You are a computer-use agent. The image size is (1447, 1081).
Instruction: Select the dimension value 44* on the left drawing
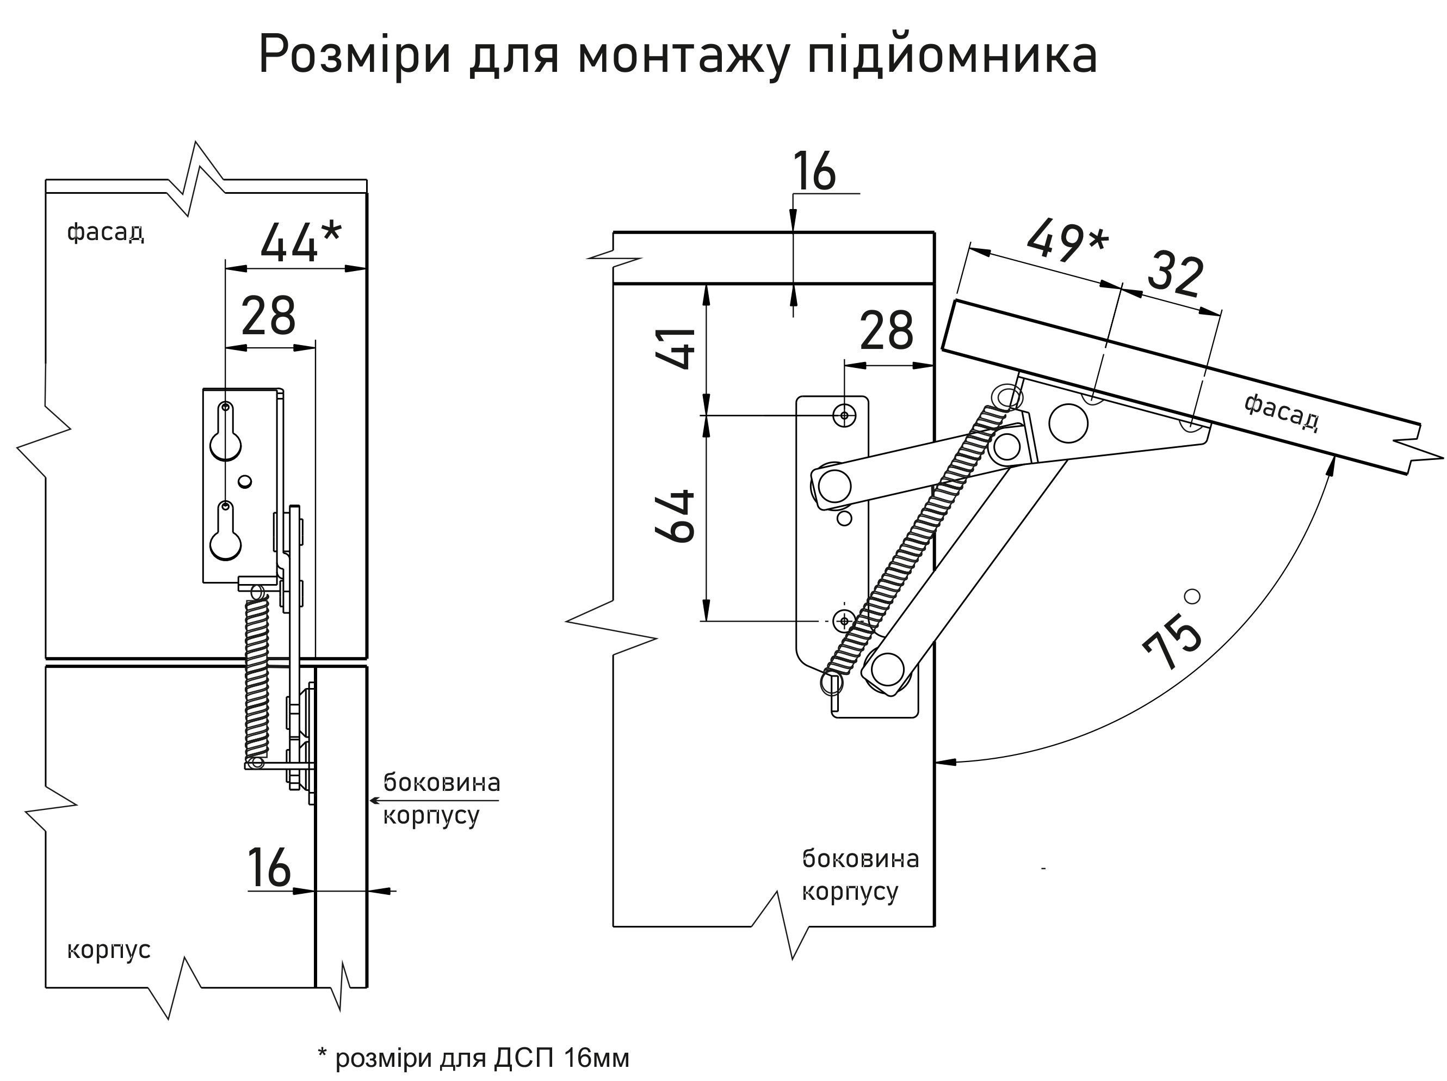click(300, 242)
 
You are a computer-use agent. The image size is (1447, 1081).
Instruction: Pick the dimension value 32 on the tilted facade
click(1175, 275)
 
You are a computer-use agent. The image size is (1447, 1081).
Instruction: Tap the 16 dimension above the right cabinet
click(813, 172)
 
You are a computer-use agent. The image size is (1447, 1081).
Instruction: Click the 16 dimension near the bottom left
click(269, 868)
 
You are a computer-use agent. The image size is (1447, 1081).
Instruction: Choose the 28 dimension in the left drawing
click(268, 316)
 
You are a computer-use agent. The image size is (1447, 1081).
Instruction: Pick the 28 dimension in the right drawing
click(886, 331)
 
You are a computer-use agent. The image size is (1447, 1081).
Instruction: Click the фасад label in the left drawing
click(106, 232)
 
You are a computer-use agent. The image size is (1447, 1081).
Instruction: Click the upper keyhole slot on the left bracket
click(226, 435)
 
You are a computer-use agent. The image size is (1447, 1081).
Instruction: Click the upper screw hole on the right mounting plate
click(845, 415)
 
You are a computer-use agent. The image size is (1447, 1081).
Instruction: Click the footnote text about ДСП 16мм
click(473, 1058)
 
